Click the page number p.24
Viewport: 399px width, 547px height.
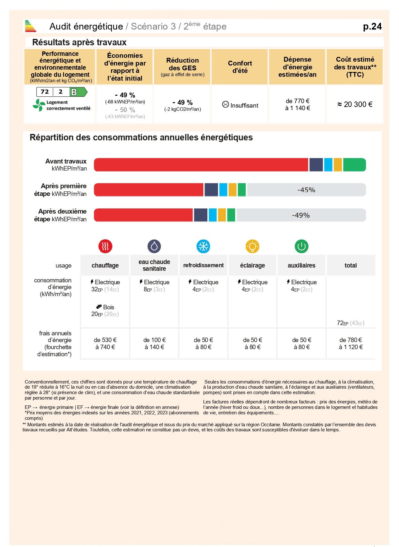point(372,26)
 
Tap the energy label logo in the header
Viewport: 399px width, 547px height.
point(30,26)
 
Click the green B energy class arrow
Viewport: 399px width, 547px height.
point(78,92)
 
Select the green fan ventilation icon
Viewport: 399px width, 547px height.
point(39,105)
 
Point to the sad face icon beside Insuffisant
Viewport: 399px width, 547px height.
point(225,104)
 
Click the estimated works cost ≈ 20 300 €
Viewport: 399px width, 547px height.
point(355,104)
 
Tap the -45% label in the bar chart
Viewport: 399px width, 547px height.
point(306,190)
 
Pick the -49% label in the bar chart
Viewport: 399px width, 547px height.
point(301,215)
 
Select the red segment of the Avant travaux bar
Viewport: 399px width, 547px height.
point(201,165)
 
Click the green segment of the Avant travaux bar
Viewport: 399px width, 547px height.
point(354,165)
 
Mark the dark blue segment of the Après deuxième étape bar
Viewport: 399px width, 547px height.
point(201,215)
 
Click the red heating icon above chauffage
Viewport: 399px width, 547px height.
point(105,246)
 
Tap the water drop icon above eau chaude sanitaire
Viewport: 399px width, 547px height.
point(154,246)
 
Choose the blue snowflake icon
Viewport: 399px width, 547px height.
point(203,246)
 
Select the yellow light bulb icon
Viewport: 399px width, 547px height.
point(252,246)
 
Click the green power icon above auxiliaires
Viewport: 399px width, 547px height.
point(302,246)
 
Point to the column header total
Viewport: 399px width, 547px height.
point(350,265)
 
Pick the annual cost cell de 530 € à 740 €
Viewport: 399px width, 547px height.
point(105,343)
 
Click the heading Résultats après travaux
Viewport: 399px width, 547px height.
point(79,42)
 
